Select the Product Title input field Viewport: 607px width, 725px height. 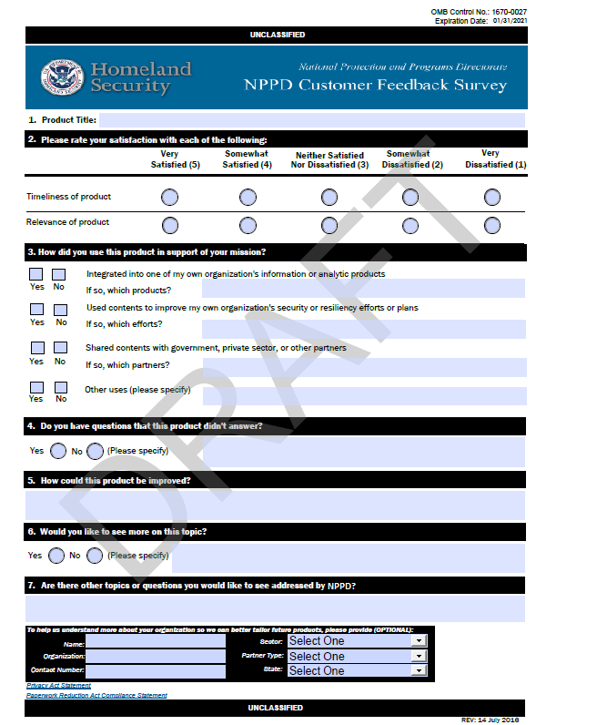(x=311, y=120)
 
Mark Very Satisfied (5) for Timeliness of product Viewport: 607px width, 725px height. (x=169, y=197)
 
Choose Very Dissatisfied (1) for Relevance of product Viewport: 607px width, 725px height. (x=492, y=225)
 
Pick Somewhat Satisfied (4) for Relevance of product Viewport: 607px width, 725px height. (x=248, y=225)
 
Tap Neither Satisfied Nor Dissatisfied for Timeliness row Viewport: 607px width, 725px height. (x=329, y=197)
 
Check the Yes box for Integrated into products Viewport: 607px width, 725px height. (x=36, y=274)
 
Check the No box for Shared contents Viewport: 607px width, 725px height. (x=60, y=348)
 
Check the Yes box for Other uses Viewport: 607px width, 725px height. (x=36, y=386)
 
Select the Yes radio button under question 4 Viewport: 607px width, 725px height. (x=58, y=451)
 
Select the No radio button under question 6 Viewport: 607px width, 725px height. (x=95, y=556)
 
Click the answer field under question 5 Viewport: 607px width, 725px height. (x=275, y=505)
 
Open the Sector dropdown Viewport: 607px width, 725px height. (x=357, y=641)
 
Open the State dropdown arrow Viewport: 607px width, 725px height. (x=419, y=670)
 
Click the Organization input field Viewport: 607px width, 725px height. (x=156, y=656)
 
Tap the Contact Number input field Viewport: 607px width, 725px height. (x=156, y=671)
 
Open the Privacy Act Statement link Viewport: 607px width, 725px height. (x=58, y=686)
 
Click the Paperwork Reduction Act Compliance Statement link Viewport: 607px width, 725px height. (x=96, y=696)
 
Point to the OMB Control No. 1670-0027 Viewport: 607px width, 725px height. (x=478, y=11)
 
